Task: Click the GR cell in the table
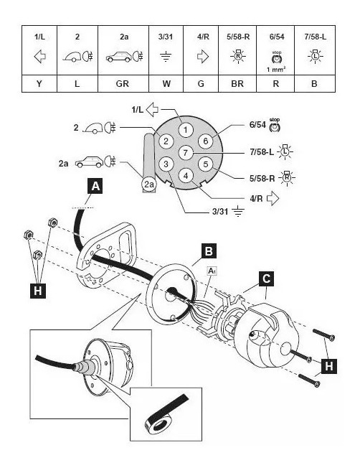click(x=123, y=83)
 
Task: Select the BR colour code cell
click(x=237, y=83)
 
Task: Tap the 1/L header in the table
click(x=39, y=37)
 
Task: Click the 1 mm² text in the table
click(x=276, y=70)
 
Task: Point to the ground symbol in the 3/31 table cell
click(x=166, y=56)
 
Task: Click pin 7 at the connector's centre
click(x=186, y=153)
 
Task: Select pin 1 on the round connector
click(x=186, y=130)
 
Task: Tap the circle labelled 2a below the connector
click(x=149, y=184)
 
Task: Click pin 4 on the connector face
click(x=186, y=175)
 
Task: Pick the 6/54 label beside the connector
click(x=257, y=125)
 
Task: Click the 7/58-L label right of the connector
click(x=262, y=152)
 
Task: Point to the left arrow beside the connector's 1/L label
click(x=153, y=110)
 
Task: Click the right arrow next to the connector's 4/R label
click(x=273, y=198)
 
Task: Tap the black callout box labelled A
click(x=95, y=186)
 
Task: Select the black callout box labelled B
click(x=209, y=251)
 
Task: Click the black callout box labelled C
click(x=266, y=279)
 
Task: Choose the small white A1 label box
click(x=212, y=271)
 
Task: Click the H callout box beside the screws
click(x=329, y=366)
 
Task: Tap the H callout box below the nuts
click(x=38, y=291)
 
